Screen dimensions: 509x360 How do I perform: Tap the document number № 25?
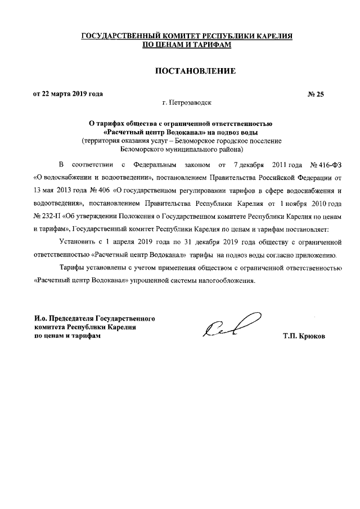pos(316,94)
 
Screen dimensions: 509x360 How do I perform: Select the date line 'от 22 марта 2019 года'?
pos(68,94)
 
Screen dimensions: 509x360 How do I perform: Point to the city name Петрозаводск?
pos(192,103)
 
